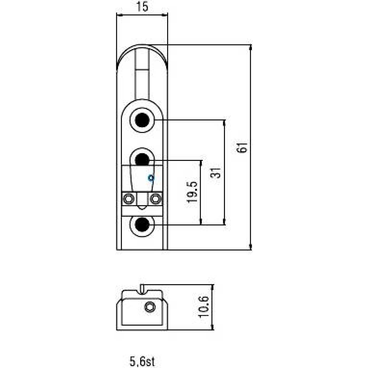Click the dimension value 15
tap(142, 7)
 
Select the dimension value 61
tap(242, 147)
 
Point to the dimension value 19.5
tap(192, 192)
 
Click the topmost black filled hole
tap(142, 120)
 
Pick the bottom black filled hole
tap(142, 225)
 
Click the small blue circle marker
tap(151, 178)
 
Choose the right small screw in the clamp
tap(156, 199)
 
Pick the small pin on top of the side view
tap(142, 289)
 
